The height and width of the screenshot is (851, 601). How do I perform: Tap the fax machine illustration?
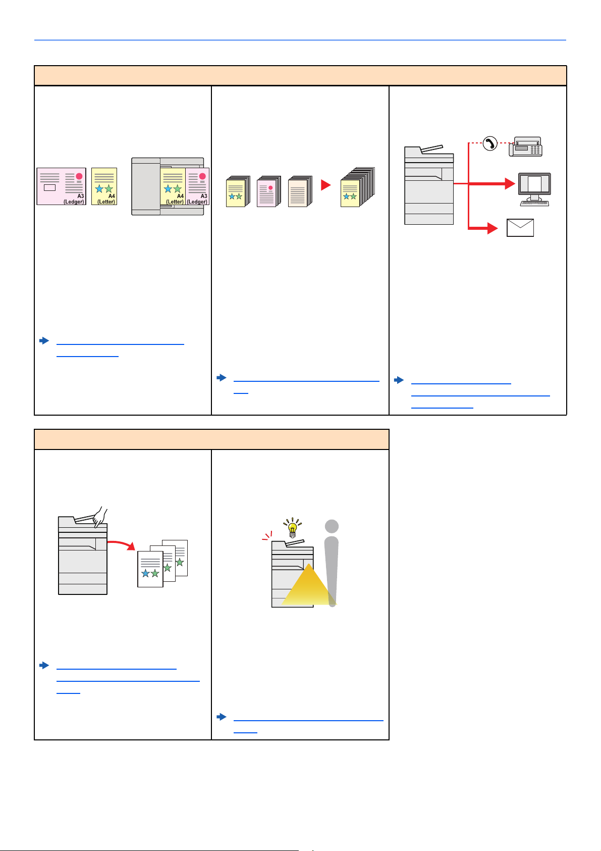coord(526,146)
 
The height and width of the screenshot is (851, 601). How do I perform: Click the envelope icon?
coord(520,228)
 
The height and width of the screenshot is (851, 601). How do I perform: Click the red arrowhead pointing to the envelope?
coord(492,228)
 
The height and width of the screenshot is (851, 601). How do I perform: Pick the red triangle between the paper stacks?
coord(326,185)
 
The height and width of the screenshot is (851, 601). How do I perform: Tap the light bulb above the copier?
coord(292,528)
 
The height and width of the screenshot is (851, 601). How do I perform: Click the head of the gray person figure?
coord(332,526)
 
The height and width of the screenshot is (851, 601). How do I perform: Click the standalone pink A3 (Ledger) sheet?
coord(61,186)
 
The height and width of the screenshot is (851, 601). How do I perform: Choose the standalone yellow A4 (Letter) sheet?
coord(104,186)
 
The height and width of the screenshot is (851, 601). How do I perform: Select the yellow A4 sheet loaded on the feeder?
coord(173,186)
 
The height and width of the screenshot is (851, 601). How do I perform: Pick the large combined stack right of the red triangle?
coord(357,187)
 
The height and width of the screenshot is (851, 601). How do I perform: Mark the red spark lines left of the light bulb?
coord(267,535)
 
